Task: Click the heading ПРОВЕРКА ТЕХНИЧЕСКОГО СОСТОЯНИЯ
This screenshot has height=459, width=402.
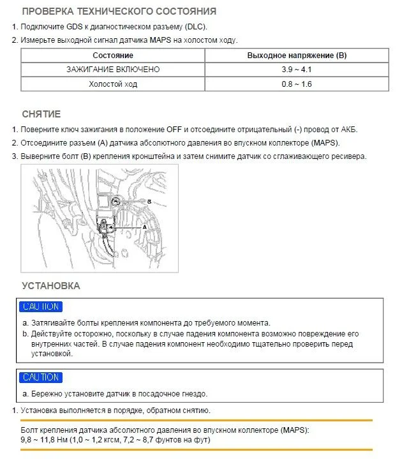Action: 119,11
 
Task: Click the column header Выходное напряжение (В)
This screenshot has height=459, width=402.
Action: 297,55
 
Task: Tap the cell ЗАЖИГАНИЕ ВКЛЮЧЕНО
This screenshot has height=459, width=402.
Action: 113,69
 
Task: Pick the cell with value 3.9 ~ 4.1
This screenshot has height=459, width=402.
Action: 297,69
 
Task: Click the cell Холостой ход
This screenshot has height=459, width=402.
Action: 113,84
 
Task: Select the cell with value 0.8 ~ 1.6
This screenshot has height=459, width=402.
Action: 297,84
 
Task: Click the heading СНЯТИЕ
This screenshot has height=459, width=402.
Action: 41,114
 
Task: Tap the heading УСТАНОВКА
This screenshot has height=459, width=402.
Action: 50,285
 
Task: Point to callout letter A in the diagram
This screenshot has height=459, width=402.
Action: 144,227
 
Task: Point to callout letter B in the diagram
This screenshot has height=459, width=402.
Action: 148,201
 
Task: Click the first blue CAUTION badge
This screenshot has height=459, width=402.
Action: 41,307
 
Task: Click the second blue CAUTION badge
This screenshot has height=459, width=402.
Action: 41,377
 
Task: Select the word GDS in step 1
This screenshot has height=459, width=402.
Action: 75,27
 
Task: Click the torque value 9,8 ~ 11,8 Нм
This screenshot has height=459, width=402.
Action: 50,440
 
